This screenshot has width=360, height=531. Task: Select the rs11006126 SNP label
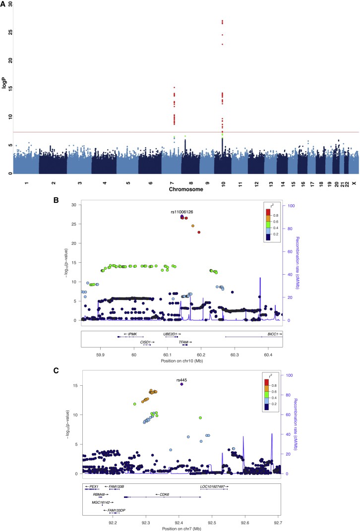click(x=181, y=212)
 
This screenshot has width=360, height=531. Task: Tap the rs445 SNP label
click(x=181, y=380)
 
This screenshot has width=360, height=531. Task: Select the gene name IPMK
click(x=132, y=334)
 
